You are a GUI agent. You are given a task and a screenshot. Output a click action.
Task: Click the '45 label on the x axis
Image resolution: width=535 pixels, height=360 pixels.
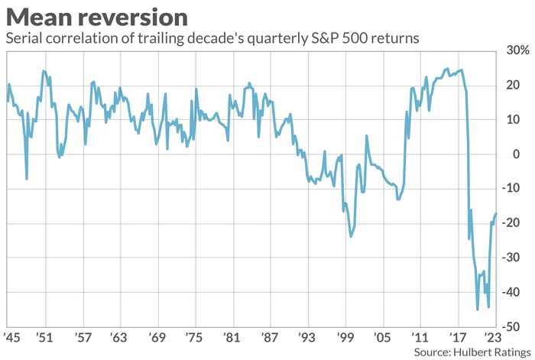point(11,336)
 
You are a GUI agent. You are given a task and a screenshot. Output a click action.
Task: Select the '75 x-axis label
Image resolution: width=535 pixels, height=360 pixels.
point(194,336)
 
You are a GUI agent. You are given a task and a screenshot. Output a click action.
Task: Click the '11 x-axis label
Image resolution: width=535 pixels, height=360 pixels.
point(419,336)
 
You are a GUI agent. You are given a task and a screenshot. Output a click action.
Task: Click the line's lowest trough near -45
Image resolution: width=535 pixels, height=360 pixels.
point(477,309)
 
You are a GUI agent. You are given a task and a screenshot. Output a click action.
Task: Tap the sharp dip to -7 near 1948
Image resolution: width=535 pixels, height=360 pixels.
point(27,179)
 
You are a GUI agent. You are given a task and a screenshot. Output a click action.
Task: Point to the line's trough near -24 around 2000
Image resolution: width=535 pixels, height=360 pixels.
point(351,236)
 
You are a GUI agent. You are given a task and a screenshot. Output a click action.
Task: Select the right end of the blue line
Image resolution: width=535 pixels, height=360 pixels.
point(496,214)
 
